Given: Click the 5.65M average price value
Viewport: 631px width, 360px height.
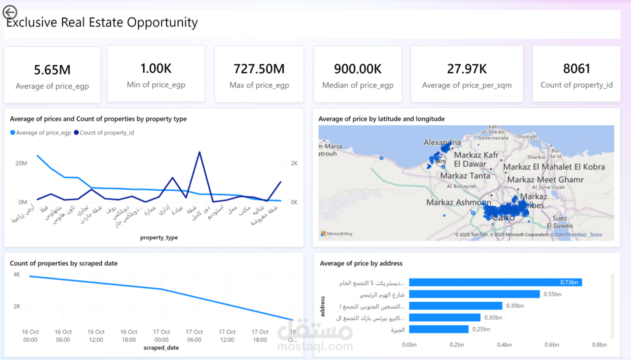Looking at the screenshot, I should tap(52, 70).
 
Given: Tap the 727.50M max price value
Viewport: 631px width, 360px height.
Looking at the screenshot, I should tap(259, 68).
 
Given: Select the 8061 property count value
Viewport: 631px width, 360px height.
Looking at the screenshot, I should tap(576, 68).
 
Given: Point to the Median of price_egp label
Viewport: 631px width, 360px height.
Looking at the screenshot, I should tap(357, 85).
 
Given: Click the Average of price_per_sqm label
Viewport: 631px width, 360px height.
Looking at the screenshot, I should tap(466, 85).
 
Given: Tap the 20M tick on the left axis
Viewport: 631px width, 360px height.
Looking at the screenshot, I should tap(20, 163).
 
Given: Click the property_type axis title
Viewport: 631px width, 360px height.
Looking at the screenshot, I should tap(159, 237).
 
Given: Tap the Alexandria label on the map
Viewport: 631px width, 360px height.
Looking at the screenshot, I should tap(442, 142).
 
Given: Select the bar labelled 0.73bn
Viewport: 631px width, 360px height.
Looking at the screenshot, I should tap(495, 282).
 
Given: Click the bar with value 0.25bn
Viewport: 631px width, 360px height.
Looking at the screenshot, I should tap(438, 329).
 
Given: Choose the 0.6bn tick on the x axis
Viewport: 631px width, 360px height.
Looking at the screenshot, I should tap(551, 344).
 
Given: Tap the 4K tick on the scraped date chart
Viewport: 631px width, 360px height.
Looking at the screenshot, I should tap(16, 274).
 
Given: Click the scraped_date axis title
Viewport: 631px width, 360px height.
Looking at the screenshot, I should tap(161, 347).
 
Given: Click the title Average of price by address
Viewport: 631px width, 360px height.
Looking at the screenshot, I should tap(361, 263).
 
